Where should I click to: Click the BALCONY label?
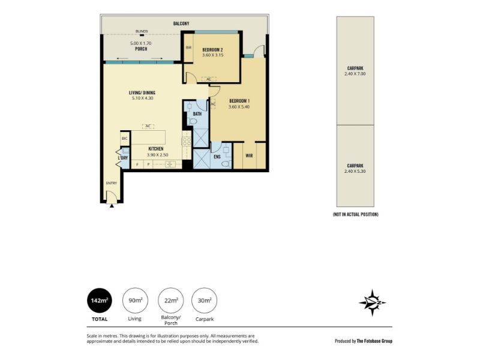click(181, 23)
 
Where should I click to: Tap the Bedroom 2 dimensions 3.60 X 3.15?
click(213, 55)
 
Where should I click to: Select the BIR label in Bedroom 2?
click(188, 47)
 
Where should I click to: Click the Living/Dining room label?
click(142, 92)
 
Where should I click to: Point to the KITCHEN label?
click(156, 149)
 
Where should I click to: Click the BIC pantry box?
click(125, 139)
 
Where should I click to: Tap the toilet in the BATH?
click(193, 121)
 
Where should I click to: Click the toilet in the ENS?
click(227, 164)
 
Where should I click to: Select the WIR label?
click(249, 155)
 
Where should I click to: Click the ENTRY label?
click(112, 183)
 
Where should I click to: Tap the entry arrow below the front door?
click(112, 206)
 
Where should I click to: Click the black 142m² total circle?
click(100, 301)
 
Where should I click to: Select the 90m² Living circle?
click(135, 301)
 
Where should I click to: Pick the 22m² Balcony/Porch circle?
click(170, 301)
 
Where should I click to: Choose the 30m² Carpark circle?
click(204, 301)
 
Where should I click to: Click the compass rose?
click(372, 303)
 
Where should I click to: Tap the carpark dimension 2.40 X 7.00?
click(355, 74)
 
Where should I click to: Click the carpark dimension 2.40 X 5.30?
click(355, 172)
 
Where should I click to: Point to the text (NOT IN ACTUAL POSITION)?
click(355, 214)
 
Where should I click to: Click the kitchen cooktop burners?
click(187, 142)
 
